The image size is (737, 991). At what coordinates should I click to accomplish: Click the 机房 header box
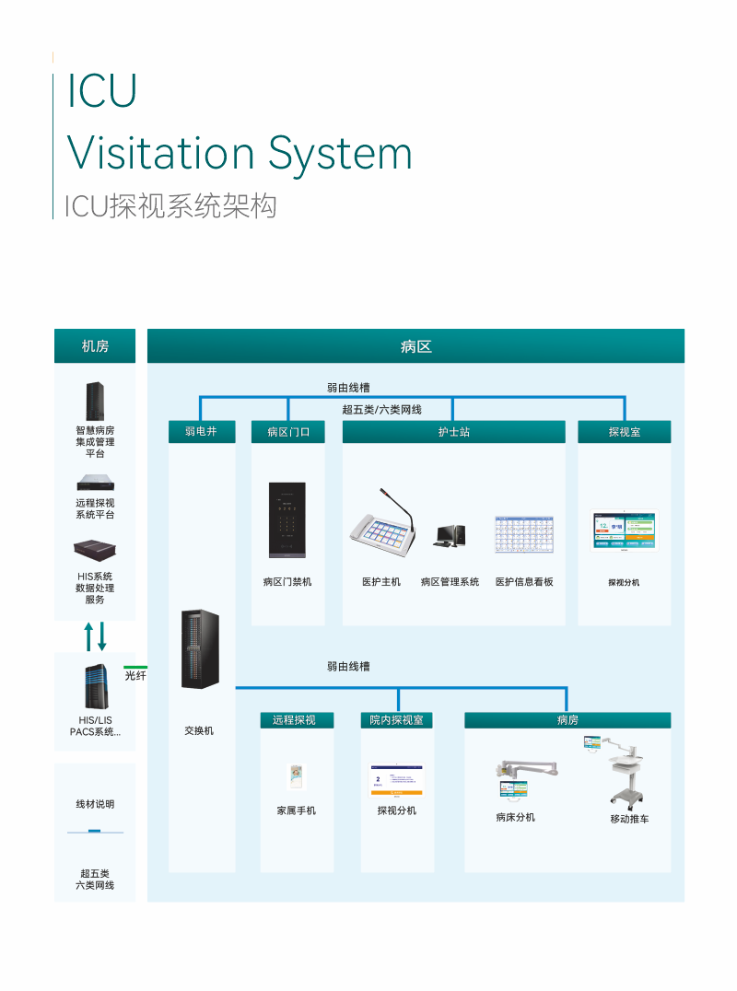coord(95,346)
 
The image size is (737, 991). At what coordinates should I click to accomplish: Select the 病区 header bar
coord(415,346)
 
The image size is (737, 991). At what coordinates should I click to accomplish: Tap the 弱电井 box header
coord(202,431)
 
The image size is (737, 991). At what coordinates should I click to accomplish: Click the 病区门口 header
coord(288,431)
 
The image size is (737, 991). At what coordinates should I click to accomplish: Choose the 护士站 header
coord(454,431)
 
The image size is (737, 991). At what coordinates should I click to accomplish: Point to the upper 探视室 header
coord(625,431)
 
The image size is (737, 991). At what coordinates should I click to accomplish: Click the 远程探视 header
coord(297,719)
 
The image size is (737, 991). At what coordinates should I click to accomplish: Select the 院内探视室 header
coord(397,719)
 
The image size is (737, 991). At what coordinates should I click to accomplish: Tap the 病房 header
coord(567,719)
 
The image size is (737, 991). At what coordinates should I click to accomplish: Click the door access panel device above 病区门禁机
coord(287,520)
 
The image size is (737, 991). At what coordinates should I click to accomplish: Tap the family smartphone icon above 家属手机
coord(297,777)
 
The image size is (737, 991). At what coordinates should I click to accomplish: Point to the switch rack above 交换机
coord(200,649)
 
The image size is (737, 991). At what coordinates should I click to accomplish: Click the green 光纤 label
coord(135,676)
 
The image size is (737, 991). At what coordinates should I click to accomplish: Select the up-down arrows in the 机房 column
coord(95,636)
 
